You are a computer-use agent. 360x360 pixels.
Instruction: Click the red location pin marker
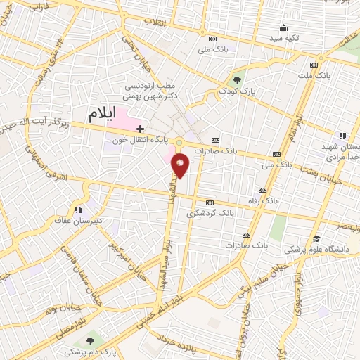181,165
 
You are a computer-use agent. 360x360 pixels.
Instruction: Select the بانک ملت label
314,74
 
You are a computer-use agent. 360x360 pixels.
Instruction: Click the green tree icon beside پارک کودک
237,79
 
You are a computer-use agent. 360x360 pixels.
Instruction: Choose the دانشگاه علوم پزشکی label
314,249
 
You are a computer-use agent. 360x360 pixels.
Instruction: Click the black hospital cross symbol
141,129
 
